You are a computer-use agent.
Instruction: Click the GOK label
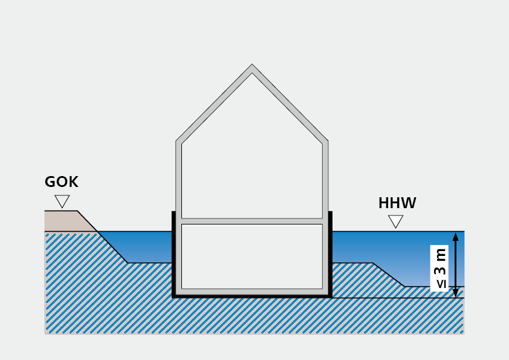(x=62, y=182)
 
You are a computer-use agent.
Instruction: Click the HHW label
(x=397, y=203)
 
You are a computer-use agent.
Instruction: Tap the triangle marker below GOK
(x=62, y=201)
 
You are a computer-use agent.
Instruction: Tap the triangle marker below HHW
(x=396, y=221)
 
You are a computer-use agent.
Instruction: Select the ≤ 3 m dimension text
(x=441, y=268)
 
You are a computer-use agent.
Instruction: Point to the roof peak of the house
(x=252, y=67)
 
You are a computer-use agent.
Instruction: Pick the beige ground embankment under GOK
(x=66, y=221)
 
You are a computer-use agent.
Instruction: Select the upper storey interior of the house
(x=251, y=169)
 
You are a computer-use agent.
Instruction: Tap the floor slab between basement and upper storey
(x=251, y=221)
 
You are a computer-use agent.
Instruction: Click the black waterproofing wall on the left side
(x=173, y=254)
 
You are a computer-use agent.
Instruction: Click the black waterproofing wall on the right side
(x=331, y=254)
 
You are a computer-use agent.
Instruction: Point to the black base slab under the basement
(x=251, y=296)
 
